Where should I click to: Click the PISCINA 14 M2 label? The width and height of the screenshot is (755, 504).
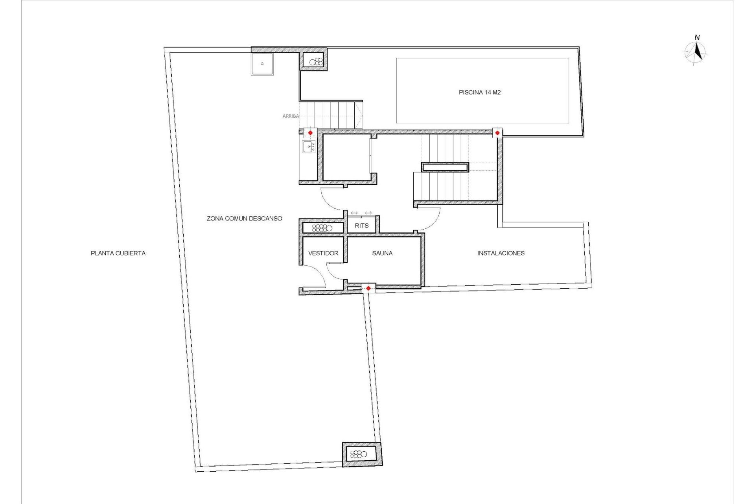coord(479,93)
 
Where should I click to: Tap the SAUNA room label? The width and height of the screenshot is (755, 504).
coord(382,253)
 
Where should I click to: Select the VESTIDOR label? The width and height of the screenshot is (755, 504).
coord(323,253)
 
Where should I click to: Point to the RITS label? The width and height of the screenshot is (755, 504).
coord(362,226)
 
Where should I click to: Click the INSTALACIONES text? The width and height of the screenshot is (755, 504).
coord(501,253)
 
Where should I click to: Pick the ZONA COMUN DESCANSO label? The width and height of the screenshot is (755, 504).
coord(244,219)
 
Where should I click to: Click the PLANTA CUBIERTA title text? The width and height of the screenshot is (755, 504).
coord(118,253)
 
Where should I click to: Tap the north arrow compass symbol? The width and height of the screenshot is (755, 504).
coord(696,52)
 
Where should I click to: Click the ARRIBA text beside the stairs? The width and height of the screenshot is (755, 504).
coord(291,116)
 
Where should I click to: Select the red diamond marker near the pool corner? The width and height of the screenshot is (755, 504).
coord(497,133)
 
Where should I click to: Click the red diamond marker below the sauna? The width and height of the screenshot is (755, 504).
coord(368,288)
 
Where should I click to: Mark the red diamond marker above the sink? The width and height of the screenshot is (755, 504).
coord(310,133)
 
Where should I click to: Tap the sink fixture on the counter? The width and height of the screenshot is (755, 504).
coord(309,147)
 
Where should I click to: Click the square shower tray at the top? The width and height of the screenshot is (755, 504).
coord(262,63)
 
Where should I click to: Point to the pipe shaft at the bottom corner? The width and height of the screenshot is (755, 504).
coord(362,454)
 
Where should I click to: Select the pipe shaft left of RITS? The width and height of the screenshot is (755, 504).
coord(322,228)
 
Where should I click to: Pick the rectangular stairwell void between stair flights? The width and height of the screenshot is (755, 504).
coord(445,167)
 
